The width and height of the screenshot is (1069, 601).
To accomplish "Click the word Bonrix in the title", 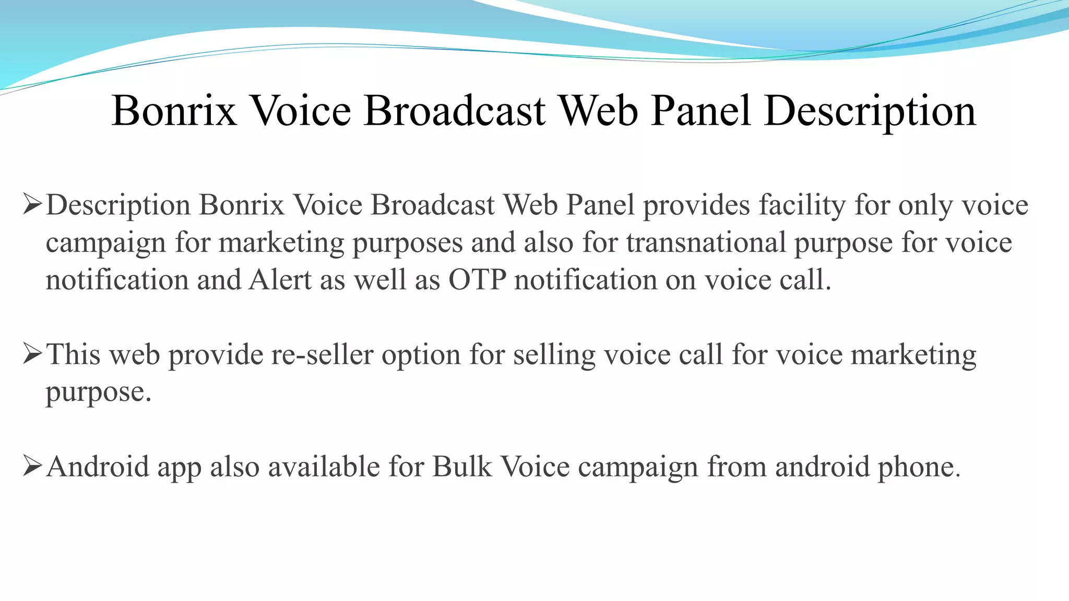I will (174, 111).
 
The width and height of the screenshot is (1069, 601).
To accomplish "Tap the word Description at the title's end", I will (870, 111).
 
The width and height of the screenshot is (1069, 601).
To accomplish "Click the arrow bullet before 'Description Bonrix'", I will (32, 205).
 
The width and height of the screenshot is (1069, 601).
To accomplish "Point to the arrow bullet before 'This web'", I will (32, 355).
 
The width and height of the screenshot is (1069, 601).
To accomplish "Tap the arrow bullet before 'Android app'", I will (32, 466).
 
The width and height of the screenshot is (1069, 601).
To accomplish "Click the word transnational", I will (706, 243).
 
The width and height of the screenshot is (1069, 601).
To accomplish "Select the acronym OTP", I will (478, 280).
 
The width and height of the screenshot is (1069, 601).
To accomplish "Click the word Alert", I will (280, 280).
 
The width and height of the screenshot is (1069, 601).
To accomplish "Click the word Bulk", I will (462, 466).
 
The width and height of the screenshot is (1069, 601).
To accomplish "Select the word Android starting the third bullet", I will (98, 466).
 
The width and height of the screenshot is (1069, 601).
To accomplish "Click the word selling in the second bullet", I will (554, 355).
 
